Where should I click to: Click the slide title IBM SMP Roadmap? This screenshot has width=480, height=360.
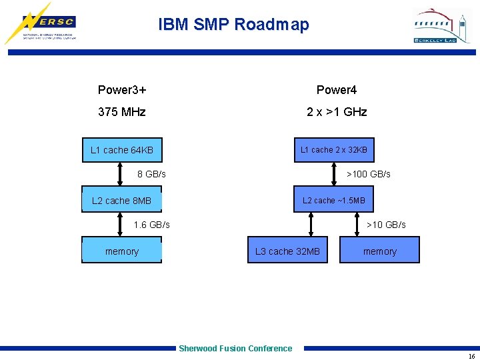(233, 25)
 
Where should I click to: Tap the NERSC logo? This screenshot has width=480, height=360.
(41, 24)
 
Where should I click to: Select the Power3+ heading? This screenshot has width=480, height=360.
(122, 90)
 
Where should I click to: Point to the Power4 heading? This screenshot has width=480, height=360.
(337, 90)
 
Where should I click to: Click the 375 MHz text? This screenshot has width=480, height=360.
(121, 112)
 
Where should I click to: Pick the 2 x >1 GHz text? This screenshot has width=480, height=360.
(337, 112)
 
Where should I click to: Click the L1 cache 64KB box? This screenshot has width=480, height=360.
(121, 150)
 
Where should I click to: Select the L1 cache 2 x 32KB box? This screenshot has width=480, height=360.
(333, 150)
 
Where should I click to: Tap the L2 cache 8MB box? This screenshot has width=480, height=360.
(121, 200)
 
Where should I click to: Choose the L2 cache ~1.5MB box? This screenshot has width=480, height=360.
(333, 200)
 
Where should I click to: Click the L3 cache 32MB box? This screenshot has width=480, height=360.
(287, 251)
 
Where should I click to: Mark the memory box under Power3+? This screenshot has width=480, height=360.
(121, 251)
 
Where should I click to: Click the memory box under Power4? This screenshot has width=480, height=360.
(379, 251)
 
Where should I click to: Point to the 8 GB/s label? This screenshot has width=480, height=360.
(151, 174)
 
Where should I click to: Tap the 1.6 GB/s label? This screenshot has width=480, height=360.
(151, 225)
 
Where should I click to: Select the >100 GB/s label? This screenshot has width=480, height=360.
(369, 174)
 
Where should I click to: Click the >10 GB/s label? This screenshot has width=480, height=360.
(386, 225)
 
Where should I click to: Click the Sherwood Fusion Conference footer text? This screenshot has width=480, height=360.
(235, 348)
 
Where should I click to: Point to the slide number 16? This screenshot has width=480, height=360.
(471, 356)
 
